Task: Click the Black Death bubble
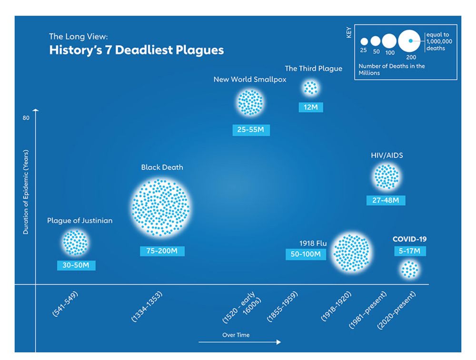click(162, 208)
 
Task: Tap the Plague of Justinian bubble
click(75, 243)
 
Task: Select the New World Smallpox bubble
click(250, 102)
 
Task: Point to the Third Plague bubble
click(310, 88)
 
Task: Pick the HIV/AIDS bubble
click(386, 176)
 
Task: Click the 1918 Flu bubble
click(352, 253)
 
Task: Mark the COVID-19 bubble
click(409, 270)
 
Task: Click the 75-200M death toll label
click(162, 251)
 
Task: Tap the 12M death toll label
click(310, 107)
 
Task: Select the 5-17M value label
click(409, 251)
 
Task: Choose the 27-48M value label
click(386, 200)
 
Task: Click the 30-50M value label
click(76, 265)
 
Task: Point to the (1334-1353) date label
click(147, 307)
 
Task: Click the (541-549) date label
click(65, 304)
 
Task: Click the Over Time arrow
click(239, 342)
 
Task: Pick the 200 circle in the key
click(411, 41)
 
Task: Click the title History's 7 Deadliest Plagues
click(136, 50)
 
